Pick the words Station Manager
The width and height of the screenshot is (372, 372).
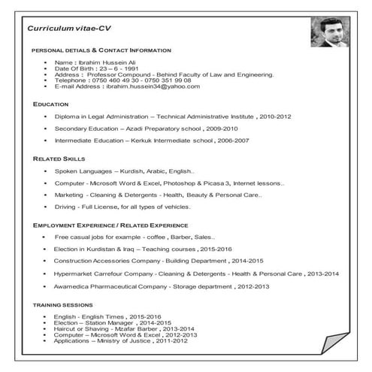(x=108, y=322)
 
